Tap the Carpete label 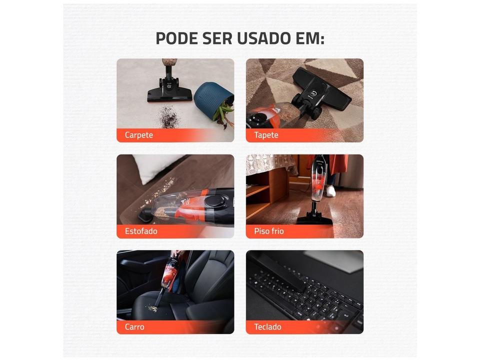(x=138, y=135)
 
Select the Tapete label (x=266, y=135)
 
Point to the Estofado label (x=141, y=231)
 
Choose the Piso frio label (x=269, y=231)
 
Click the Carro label (x=134, y=327)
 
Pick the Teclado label (x=267, y=327)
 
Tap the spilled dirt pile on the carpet (x=168, y=118)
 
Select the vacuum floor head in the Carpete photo (x=169, y=93)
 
